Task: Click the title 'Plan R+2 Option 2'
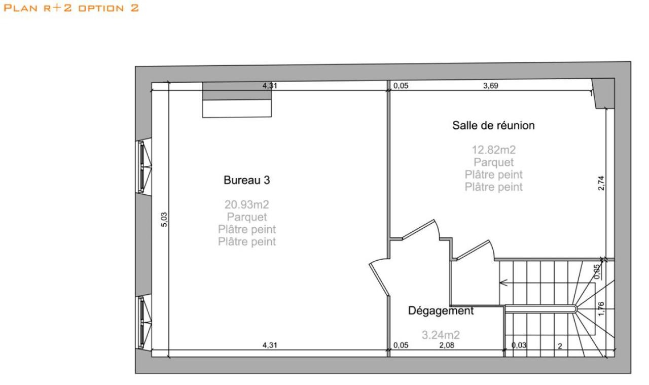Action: pyautogui.click(x=71, y=8)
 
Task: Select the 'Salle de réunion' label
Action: pyautogui.click(x=493, y=125)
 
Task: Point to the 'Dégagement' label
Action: pyautogui.click(x=441, y=311)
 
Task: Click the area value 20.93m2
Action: pyautogui.click(x=246, y=204)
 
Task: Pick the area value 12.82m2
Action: pyautogui.click(x=493, y=150)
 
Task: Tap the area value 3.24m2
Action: pyautogui.click(x=441, y=335)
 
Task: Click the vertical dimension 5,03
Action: pyautogui.click(x=163, y=219)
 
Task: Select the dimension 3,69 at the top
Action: pyautogui.click(x=490, y=85)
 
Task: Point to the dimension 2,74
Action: pyautogui.click(x=601, y=183)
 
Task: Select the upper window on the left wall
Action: pyautogui.click(x=143, y=166)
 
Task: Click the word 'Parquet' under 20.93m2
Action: pyautogui.click(x=246, y=217)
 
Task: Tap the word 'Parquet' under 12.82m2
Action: pyautogui.click(x=493, y=162)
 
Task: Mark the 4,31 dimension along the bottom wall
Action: pyautogui.click(x=269, y=345)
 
